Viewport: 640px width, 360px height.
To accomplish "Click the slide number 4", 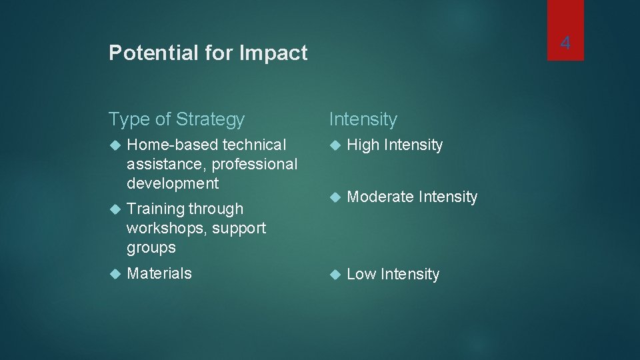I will [565, 44].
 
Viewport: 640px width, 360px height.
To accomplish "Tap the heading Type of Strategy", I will [177, 120].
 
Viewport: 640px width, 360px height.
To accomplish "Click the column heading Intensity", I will [363, 120].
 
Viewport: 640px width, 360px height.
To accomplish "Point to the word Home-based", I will [172, 145].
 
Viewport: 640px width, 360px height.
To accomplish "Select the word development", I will [172, 183].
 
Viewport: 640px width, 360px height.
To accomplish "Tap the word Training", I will [156, 209].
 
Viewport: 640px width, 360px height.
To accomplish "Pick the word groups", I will [151, 248].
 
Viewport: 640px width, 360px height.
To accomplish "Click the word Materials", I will [159, 273].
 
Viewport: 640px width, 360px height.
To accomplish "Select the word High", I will [363, 145].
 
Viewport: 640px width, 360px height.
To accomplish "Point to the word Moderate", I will [381, 197].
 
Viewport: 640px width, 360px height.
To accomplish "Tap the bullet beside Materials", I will [114, 273].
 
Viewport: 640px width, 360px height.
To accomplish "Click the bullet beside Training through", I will [114, 209].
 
